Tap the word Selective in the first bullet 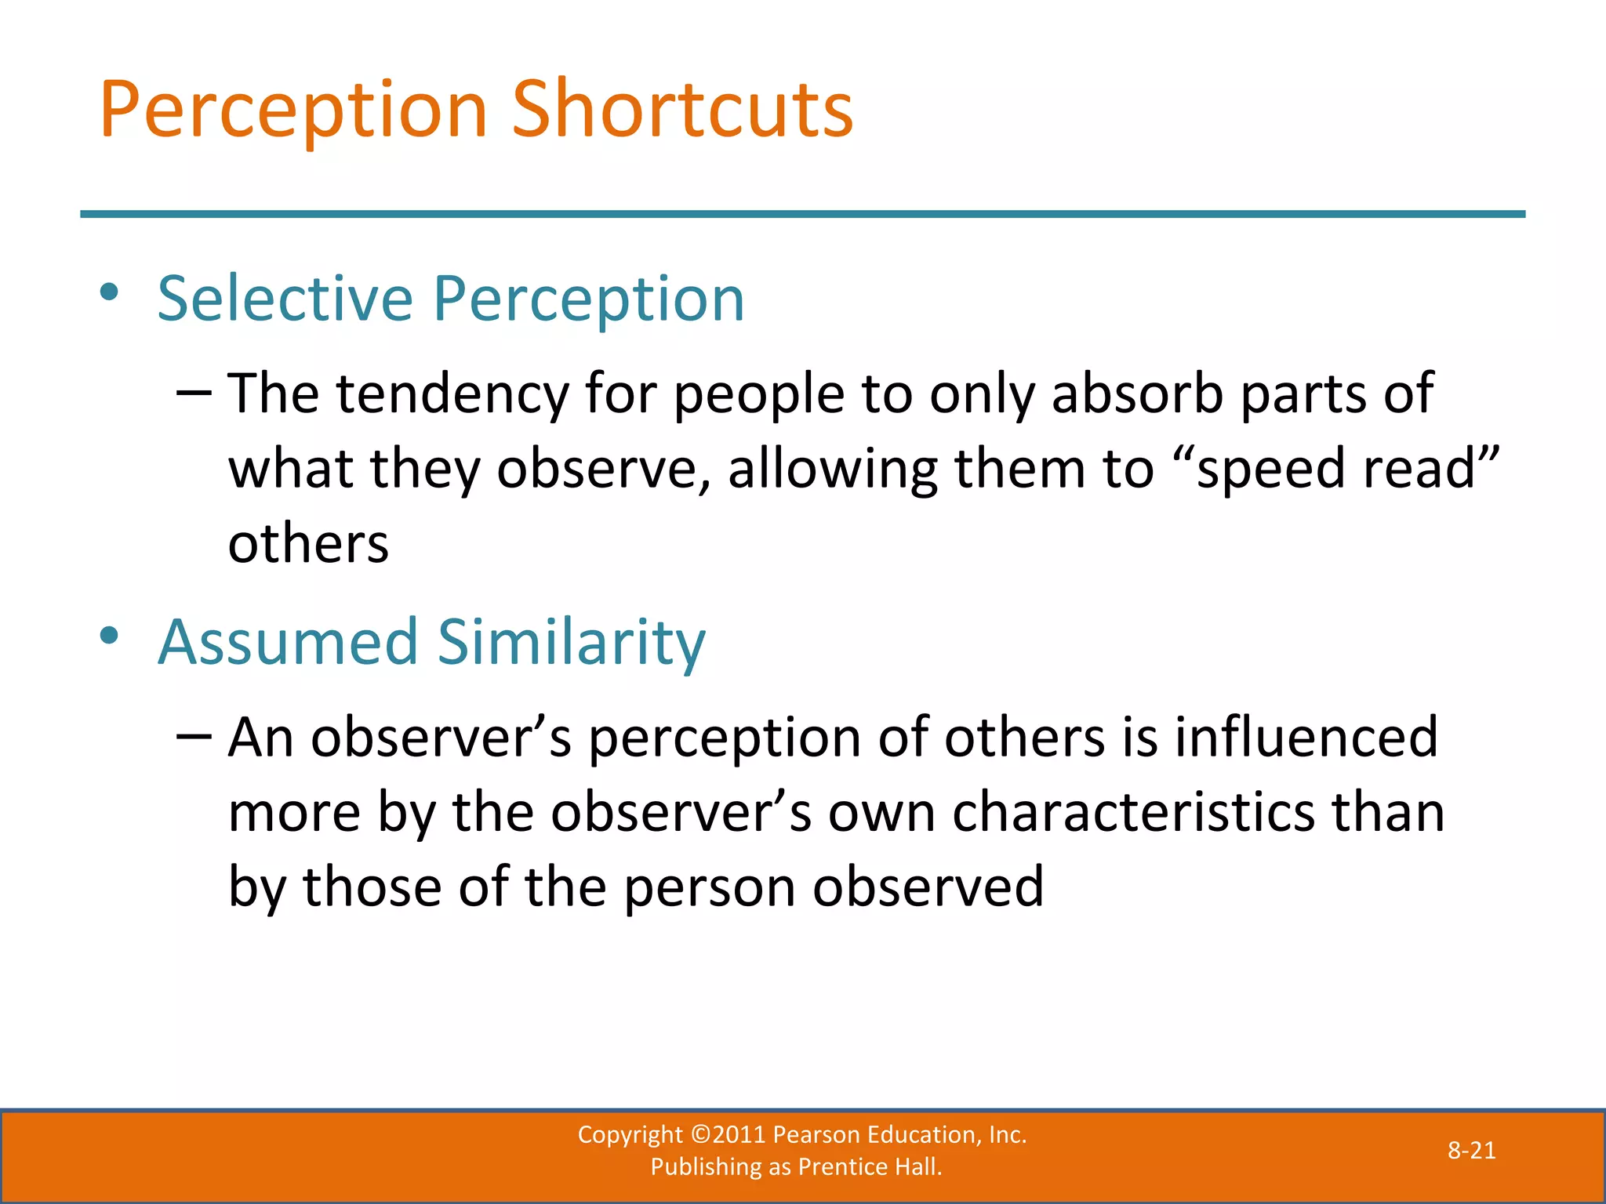285,299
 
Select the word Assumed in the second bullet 288,642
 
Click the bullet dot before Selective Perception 109,292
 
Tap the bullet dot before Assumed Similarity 109,636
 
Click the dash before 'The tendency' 194,392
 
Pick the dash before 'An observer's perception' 194,736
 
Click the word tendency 452,393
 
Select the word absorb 1137,393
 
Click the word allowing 832,468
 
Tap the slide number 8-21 1471,1151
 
